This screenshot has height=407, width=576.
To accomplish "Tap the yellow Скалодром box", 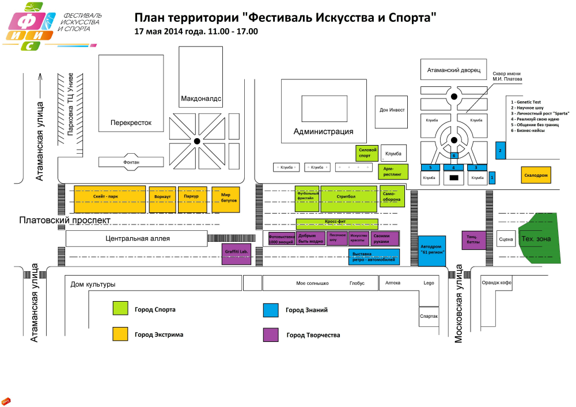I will (535, 174).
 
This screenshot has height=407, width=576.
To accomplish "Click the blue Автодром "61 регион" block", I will (432, 250).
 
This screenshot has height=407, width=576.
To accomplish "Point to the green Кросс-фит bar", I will (337, 224).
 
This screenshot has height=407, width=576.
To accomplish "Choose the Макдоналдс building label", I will (201, 98).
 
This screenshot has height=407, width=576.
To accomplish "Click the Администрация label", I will (323, 131).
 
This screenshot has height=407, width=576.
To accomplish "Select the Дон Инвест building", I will (392, 110).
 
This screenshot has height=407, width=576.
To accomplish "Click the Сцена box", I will (506, 239).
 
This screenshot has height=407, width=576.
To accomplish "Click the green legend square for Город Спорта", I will (120, 309).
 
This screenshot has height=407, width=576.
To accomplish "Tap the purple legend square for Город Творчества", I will (271, 334).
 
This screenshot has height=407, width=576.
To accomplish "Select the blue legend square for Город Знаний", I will (271, 310).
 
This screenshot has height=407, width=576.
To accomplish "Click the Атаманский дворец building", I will (454, 70).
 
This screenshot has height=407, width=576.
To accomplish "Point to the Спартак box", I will (429, 317).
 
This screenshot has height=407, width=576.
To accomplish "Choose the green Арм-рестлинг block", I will (393, 171).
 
